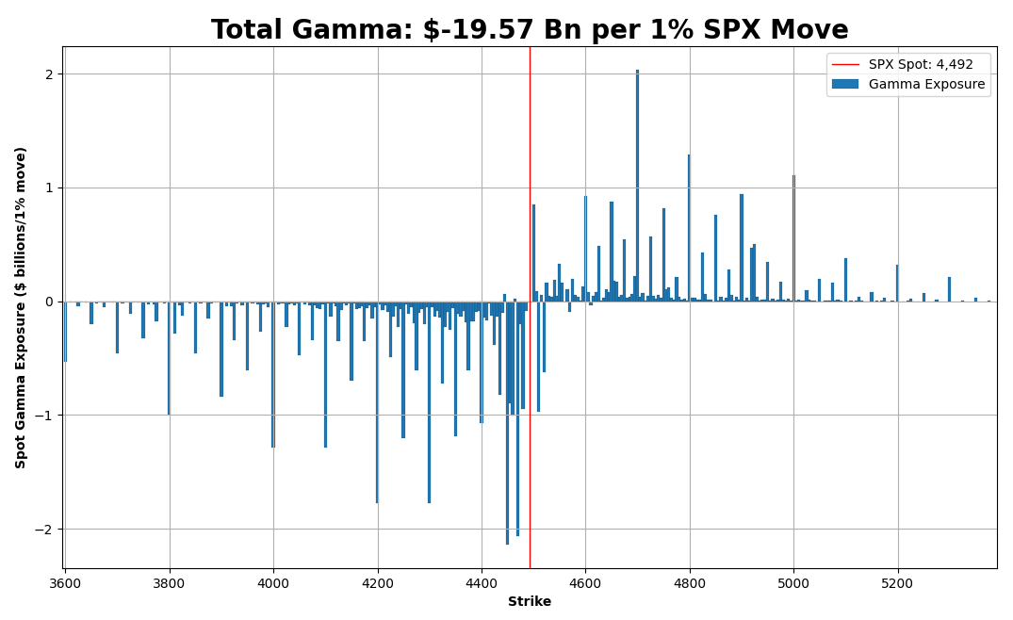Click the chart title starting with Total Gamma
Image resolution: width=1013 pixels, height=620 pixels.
530,30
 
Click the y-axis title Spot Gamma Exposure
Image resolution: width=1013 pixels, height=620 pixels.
20,307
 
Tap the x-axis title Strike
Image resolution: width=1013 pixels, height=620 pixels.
530,602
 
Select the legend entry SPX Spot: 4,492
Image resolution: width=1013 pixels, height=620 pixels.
921,65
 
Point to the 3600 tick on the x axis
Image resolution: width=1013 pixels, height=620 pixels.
65,583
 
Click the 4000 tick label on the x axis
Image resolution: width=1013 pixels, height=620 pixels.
273,583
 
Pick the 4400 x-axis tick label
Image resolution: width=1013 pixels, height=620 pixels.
482,583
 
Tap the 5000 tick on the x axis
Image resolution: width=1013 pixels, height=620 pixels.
793,583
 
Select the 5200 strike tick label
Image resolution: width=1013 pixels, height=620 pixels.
897,583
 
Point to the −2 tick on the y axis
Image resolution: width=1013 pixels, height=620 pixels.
45,530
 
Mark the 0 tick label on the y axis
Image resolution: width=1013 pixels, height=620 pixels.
49,302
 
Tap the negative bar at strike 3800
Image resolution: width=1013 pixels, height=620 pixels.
169,358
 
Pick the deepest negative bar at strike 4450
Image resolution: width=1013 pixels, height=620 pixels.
507,423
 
